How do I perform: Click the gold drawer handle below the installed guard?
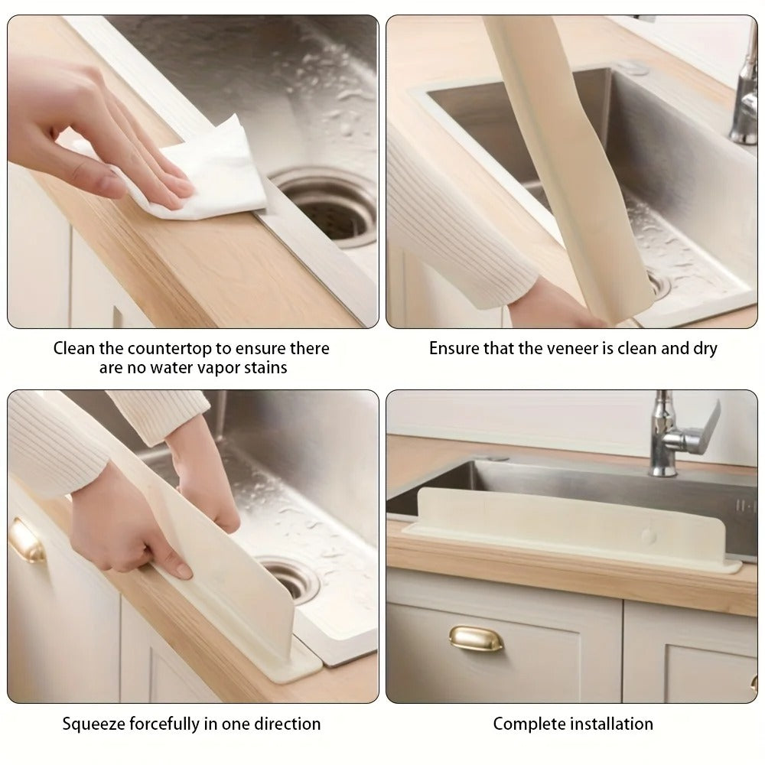click(x=475, y=638)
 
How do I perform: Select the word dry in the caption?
click(x=704, y=348)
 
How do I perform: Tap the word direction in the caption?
click(x=286, y=723)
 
